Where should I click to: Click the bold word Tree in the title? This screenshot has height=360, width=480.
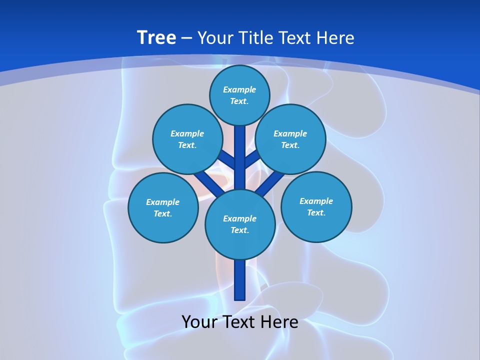156,37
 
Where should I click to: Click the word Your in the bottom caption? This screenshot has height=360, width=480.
200,322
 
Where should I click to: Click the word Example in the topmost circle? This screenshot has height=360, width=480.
239,89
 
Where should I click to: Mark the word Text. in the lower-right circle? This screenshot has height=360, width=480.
316,212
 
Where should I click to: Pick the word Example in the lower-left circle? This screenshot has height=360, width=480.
163,202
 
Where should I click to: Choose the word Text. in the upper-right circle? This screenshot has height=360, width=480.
290,145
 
